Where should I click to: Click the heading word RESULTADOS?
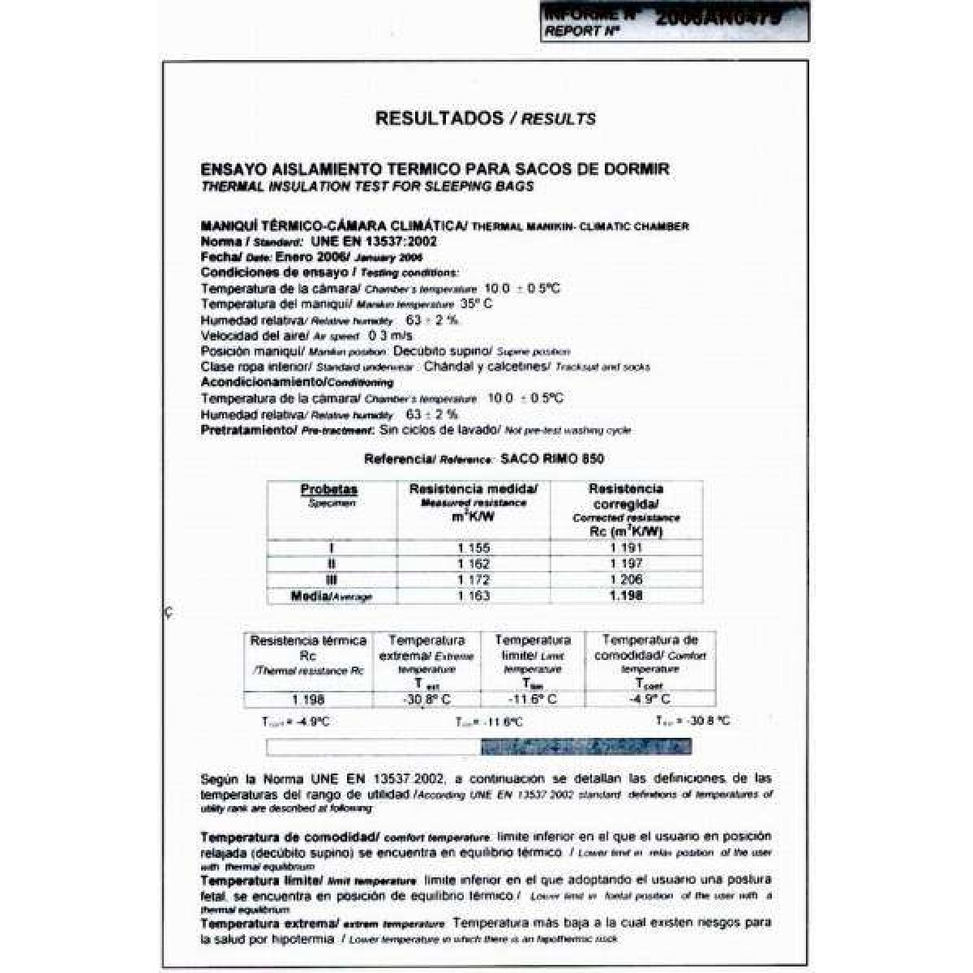pos(439,118)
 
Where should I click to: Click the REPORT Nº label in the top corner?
pos(581,32)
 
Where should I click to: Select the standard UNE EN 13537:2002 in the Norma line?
pos(373,242)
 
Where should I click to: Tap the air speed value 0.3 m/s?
pos(390,335)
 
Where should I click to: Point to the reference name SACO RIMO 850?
pos(551,459)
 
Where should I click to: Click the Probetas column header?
pos(328,490)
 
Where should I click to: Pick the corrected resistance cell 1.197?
pos(625,564)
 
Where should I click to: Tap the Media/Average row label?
pos(331,596)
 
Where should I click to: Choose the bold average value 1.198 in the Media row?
pos(625,596)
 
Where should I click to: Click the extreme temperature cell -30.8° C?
pos(426,699)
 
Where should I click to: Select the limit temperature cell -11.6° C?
pos(532,699)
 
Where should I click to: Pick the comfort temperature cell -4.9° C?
pos(649,699)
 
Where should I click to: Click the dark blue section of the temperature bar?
pos(585,747)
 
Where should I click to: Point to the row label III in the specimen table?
pos(331,580)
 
